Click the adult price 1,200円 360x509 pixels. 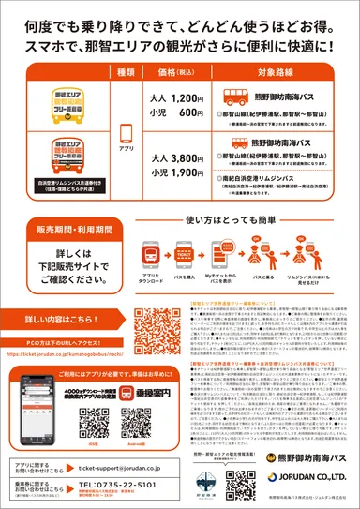pos(175,98)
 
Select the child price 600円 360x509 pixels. pos(175,112)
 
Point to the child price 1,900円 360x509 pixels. pos(175,172)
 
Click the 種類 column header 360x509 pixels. pos(125,72)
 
